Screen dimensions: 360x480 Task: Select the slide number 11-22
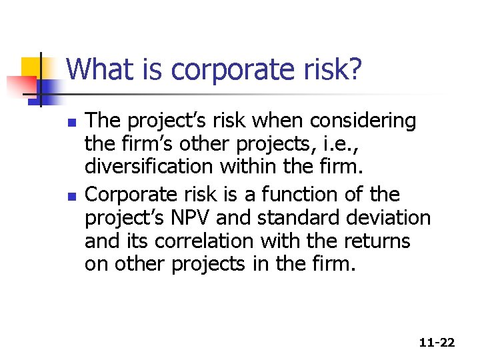pyautogui.click(x=437, y=343)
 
